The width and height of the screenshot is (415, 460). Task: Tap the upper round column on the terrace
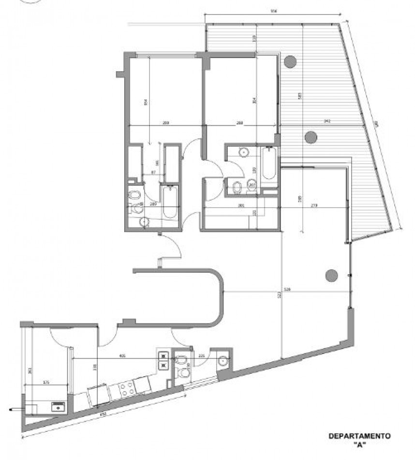point(290,61)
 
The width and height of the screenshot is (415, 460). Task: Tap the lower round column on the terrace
point(311,137)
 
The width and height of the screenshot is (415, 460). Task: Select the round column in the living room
point(331,275)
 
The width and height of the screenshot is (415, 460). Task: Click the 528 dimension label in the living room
point(287,290)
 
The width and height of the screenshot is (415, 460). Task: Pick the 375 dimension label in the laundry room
point(46,383)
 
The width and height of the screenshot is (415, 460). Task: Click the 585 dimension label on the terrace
point(300,96)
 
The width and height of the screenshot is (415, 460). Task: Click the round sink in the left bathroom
point(144,222)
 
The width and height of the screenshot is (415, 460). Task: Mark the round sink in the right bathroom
point(244,152)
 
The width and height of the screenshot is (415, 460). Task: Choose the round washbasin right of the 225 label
point(223,361)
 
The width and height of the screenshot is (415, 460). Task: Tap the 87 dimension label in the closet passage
point(153,173)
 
